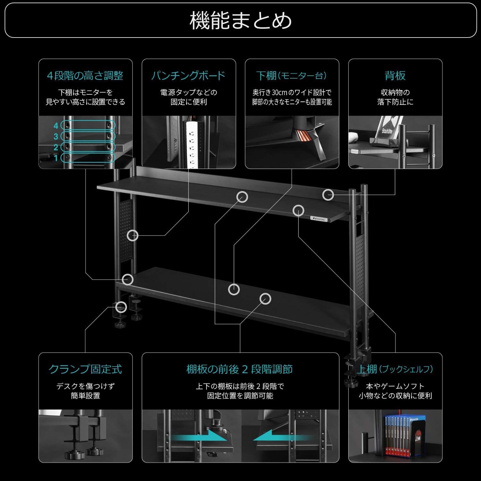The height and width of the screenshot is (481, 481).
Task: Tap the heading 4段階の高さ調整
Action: (85, 76)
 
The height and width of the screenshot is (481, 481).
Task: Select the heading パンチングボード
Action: (189, 76)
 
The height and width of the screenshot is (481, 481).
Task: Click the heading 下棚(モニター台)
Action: (292, 76)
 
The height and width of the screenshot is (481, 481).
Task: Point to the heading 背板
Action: (395, 76)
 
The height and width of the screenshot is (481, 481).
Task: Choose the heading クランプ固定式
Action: (85, 369)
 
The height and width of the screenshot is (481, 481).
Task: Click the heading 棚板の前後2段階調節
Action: (240, 369)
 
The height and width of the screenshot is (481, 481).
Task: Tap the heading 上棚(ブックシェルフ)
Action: (395, 369)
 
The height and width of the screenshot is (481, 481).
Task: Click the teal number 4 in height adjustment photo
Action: (56, 126)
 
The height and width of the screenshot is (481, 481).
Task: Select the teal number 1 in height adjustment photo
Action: (56, 158)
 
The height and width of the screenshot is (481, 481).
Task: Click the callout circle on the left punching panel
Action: (132, 236)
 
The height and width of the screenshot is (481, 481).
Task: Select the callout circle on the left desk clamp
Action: (121, 307)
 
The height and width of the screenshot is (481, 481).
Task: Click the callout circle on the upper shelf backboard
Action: (328, 195)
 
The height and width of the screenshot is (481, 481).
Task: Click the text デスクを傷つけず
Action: (85, 386)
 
